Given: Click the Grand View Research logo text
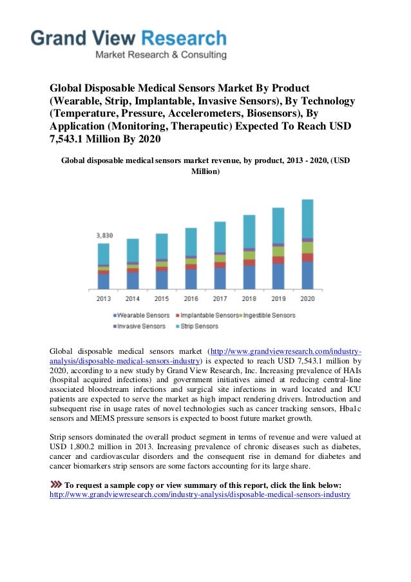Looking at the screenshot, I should click(129, 38).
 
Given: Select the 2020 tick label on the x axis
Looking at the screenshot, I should click(307, 299).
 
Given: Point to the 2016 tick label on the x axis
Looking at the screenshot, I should click(191, 299).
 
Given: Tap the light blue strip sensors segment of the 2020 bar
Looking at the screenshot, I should click(307, 218).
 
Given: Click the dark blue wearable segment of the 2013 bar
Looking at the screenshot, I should click(103, 281).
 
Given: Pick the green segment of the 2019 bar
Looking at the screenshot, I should click(278, 251).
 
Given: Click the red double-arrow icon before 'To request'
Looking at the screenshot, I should click(56, 485).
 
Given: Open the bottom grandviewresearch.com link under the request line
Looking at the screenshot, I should click(200, 495).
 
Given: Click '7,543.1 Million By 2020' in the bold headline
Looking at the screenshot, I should click(105, 141).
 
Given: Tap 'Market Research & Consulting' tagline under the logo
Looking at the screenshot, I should click(161, 55).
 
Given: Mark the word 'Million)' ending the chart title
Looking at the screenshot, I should click(205, 173).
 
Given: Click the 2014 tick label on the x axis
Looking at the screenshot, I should click(133, 299).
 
